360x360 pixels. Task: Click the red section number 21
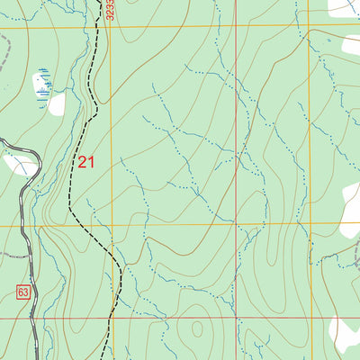(85, 162)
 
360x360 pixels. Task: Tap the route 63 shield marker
(23, 292)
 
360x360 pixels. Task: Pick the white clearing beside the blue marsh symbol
(57, 105)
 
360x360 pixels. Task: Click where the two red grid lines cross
(237, 318)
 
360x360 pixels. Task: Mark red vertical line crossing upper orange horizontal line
(237, 26)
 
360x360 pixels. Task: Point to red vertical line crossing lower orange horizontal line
(237, 224)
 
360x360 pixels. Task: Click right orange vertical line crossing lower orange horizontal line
(308, 224)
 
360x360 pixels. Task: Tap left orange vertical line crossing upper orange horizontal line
(111, 27)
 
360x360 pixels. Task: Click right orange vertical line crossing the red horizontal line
(308, 318)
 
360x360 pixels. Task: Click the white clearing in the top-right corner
(343, 7)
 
